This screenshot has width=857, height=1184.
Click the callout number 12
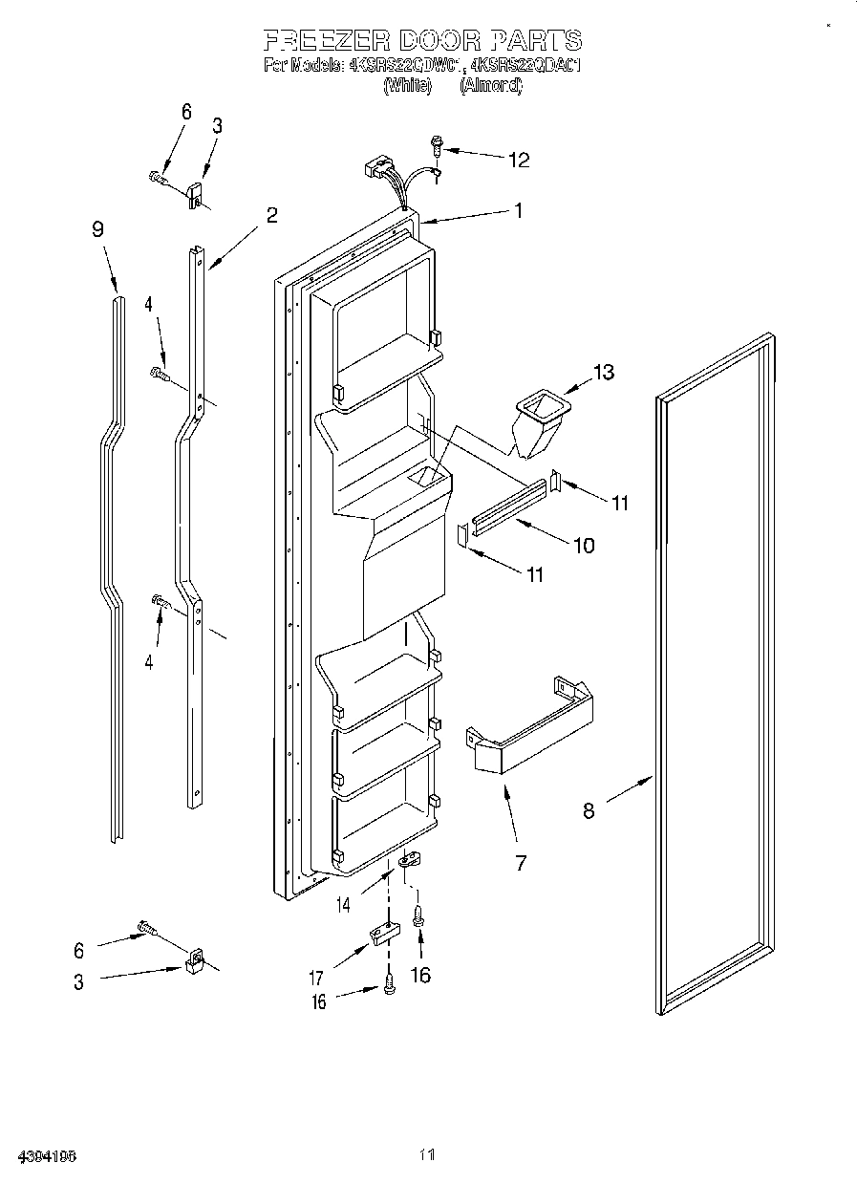pos(518,160)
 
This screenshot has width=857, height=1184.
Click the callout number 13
pos(603,372)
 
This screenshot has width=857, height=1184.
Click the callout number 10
pos(582,546)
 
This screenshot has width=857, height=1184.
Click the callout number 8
pos(589,810)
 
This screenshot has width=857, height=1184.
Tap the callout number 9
pos(97,228)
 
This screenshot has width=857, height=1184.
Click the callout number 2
pos(272,215)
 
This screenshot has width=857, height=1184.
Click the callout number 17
pos(315,978)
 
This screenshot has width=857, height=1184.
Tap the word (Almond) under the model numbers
pos(491,86)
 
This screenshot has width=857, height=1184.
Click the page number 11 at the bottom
pos(426,1155)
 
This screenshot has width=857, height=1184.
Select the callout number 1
pos(519,210)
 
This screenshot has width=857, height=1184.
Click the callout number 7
pos(521,863)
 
